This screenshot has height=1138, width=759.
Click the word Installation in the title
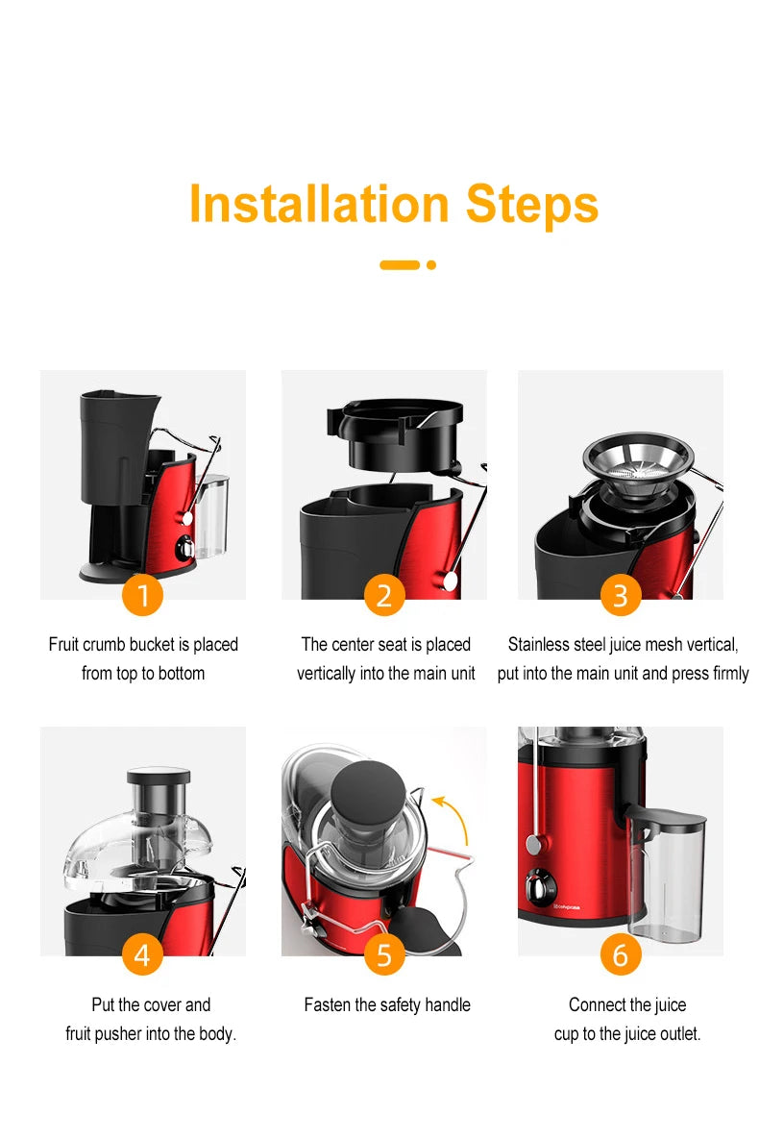click(318, 204)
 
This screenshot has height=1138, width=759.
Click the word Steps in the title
click(532, 204)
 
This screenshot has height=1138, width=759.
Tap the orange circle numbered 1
click(143, 596)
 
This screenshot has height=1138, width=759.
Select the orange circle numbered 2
click(384, 596)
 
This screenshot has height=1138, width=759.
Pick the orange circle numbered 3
click(621, 596)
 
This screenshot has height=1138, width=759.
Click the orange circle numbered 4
click(143, 954)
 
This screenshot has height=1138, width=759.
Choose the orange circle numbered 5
click(384, 954)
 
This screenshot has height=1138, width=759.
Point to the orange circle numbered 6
click(621, 954)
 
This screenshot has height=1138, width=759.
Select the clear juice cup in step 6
click(666, 875)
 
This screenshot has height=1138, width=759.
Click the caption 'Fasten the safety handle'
click(387, 1005)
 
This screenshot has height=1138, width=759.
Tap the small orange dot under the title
click(431, 264)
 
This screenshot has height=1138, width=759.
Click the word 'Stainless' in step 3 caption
click(542, 644)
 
